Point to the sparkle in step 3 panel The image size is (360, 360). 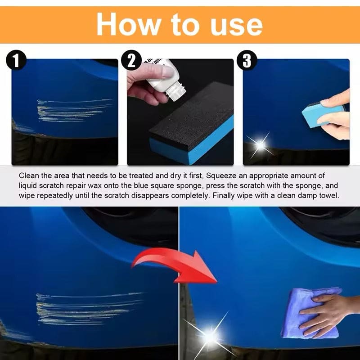(x=260, y=144)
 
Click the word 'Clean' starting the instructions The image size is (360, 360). (x=28, y=175)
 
